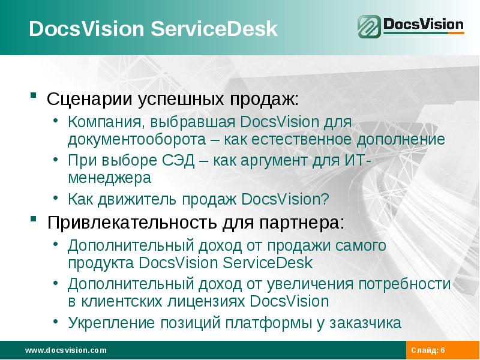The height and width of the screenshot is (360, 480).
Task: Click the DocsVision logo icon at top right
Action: [369, 27]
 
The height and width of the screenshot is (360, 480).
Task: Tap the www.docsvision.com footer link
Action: [65, 350]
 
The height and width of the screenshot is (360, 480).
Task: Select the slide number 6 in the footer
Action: [443, 350]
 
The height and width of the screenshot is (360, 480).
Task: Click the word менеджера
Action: [109, 178]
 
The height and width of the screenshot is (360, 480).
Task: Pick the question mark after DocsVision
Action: [326, 199]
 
